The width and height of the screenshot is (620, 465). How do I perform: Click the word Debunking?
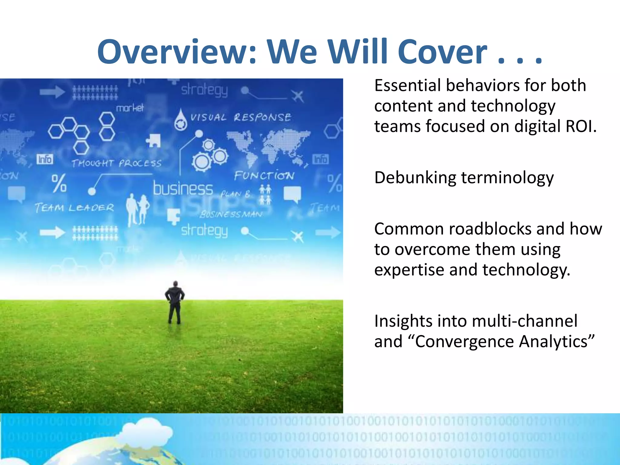pyautogui.click(x=415, y=177)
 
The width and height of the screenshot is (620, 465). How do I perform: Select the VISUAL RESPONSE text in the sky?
pyautogui.click(x=240, y=117)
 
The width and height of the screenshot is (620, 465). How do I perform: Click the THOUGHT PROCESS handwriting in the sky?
pyautogui.click(x=117, y=163)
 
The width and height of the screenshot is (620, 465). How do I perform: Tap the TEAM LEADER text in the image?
pyautogui.click(x=74, y=208)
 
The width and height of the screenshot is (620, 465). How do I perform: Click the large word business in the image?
pyautogui.click(x=183, y=189)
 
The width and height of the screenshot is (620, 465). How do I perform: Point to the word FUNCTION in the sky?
pyautogui.click(x=264, y=176)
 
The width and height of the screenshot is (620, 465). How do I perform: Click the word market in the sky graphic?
pyautogui.click(x=130, y=108)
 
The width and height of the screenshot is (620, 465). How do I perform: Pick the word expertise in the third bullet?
pyautogui.click(x=409, y=270)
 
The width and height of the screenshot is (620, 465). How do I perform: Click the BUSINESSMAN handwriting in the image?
pyautogui.click(x=231, y=214)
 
